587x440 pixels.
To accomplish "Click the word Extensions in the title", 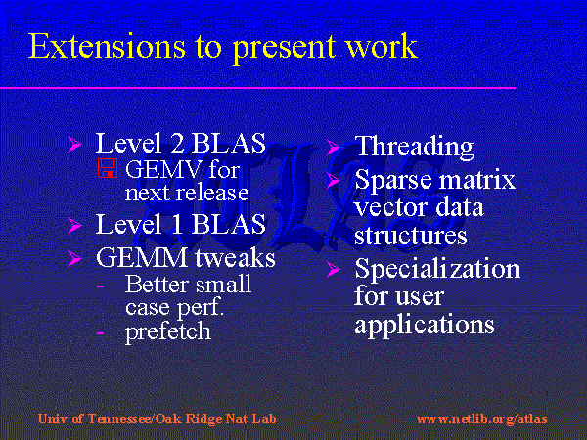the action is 107,46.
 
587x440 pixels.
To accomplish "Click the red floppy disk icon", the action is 108,168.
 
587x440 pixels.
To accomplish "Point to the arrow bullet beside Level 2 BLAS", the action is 75,144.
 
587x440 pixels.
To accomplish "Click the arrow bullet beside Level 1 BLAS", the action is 75,226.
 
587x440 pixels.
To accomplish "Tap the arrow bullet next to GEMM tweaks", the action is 75,258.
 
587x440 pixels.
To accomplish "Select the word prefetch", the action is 167,331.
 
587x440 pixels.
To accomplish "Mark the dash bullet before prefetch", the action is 100,332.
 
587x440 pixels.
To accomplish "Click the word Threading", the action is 414,147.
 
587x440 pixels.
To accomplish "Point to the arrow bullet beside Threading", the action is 333,147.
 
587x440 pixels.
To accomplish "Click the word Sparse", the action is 393,180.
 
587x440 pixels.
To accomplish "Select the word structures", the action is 411,236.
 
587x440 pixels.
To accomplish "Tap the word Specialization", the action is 437,269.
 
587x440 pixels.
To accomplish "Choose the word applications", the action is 425,325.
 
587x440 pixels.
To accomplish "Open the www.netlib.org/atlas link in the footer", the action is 481,419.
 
